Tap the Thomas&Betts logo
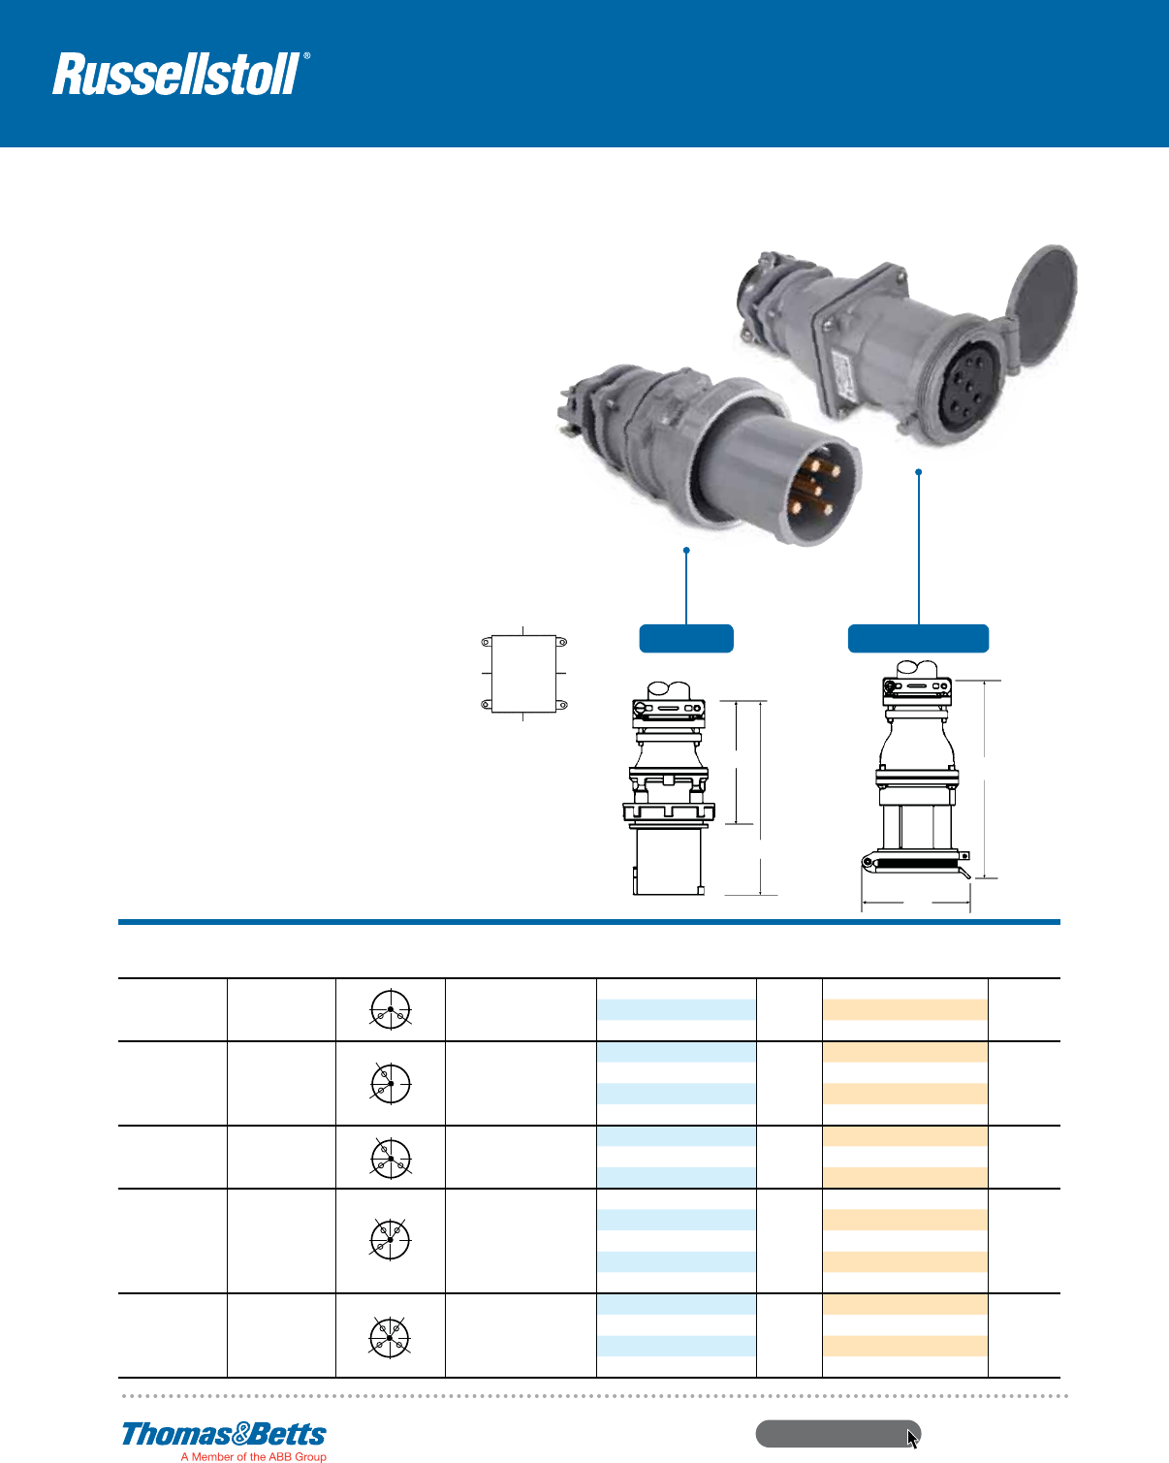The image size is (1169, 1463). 224,1434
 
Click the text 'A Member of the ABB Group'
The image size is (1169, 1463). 253,1456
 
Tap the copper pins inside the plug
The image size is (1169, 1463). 807,486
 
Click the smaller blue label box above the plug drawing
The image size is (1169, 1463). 686,639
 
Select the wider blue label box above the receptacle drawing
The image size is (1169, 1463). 918,639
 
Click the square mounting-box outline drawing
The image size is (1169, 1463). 523,674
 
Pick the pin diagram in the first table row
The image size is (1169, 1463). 391,1009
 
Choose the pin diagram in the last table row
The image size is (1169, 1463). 390,1337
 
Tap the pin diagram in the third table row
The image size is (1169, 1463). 391,1158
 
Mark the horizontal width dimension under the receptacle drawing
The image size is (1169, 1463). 916,903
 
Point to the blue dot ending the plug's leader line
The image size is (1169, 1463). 686,551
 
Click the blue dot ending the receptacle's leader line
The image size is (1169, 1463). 918,472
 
